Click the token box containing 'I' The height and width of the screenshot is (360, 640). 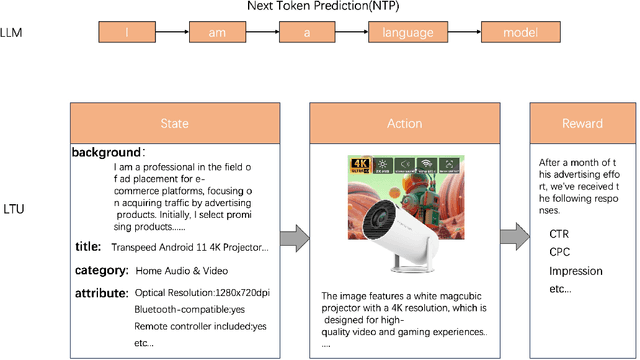(x=127, y=33)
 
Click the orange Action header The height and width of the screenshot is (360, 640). (x=404, y=123)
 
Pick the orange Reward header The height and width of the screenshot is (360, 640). (x=580, y=123)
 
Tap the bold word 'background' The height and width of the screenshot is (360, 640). (x=105, y=152)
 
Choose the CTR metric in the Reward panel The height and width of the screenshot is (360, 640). (x=560, y=234)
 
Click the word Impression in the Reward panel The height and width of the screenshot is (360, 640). (x=576, y=270)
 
